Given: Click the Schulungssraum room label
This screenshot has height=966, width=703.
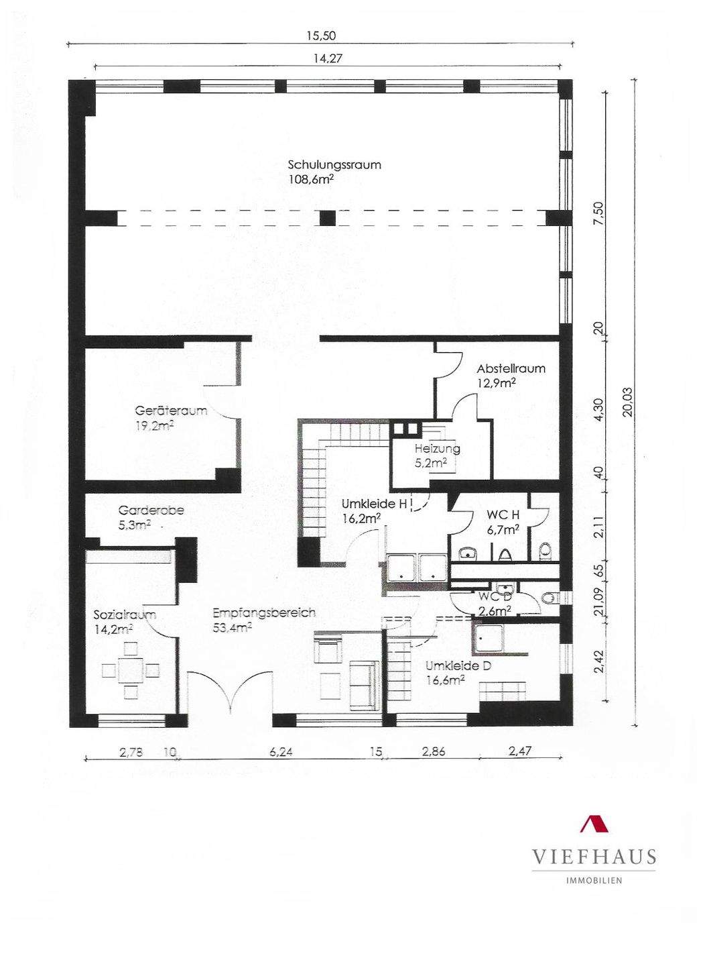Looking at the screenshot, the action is (334, 165).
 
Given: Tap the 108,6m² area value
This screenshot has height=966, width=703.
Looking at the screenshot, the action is (312, 179).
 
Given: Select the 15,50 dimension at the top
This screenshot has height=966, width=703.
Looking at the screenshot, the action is (321, 36).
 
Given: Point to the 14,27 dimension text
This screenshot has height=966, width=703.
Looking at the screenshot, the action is (328, 58).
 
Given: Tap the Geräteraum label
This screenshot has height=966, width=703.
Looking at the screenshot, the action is (171, 411).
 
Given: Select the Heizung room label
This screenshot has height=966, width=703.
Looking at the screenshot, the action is (437, 449).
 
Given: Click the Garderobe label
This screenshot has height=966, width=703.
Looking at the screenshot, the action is (151, 511).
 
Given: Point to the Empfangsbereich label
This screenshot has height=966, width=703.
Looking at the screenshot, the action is (264, 613).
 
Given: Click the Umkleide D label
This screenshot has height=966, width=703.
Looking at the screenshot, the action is (458, 666).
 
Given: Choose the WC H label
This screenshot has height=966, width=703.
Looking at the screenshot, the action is (503, 515).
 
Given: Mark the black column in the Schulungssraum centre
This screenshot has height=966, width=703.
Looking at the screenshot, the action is (328, 218).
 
